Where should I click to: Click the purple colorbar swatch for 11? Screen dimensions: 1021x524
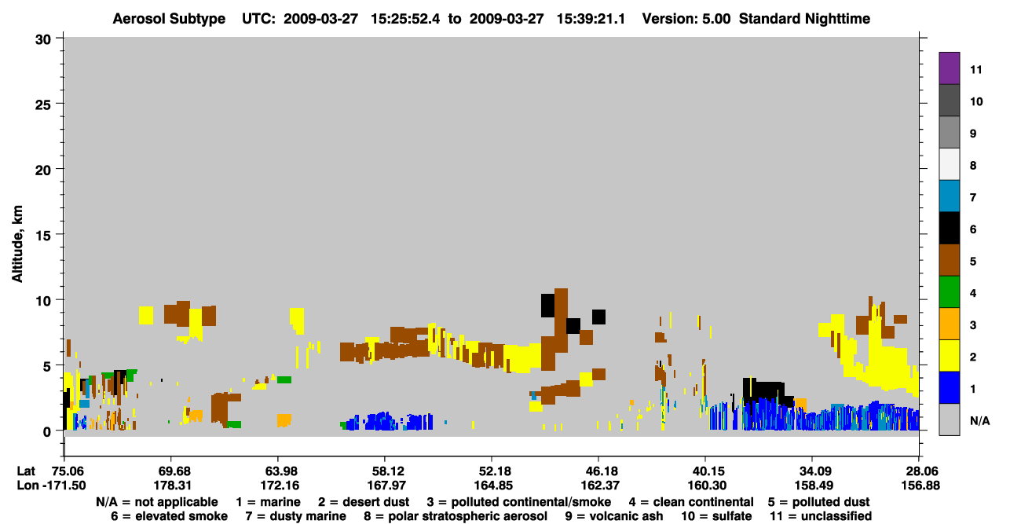click(949, 68)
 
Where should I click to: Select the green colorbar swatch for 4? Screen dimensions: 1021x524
click(949, 292)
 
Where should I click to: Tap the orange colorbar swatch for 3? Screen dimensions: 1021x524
click(949, 324)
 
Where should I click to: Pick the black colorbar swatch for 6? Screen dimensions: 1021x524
click(949, 228)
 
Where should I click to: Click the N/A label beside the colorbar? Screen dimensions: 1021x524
click(979, 420)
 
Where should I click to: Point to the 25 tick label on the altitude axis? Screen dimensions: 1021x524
click(43, 105)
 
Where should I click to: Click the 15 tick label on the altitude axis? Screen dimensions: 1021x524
click(43, 236)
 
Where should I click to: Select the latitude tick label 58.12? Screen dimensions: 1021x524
click(386, 471)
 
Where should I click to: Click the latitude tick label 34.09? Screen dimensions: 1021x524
click(814, 471)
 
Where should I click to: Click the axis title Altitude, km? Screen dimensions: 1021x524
click(17, 244)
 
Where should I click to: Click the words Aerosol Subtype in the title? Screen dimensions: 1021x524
click(169, 19)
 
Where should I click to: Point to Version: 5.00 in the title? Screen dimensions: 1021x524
click(686, 19)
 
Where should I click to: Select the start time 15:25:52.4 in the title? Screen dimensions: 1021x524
click(405, 19)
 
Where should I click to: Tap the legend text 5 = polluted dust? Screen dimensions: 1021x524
click(818, 502)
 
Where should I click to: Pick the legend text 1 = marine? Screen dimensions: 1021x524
click(268, 502)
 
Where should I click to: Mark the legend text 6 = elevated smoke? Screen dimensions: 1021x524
click(169, 516)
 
